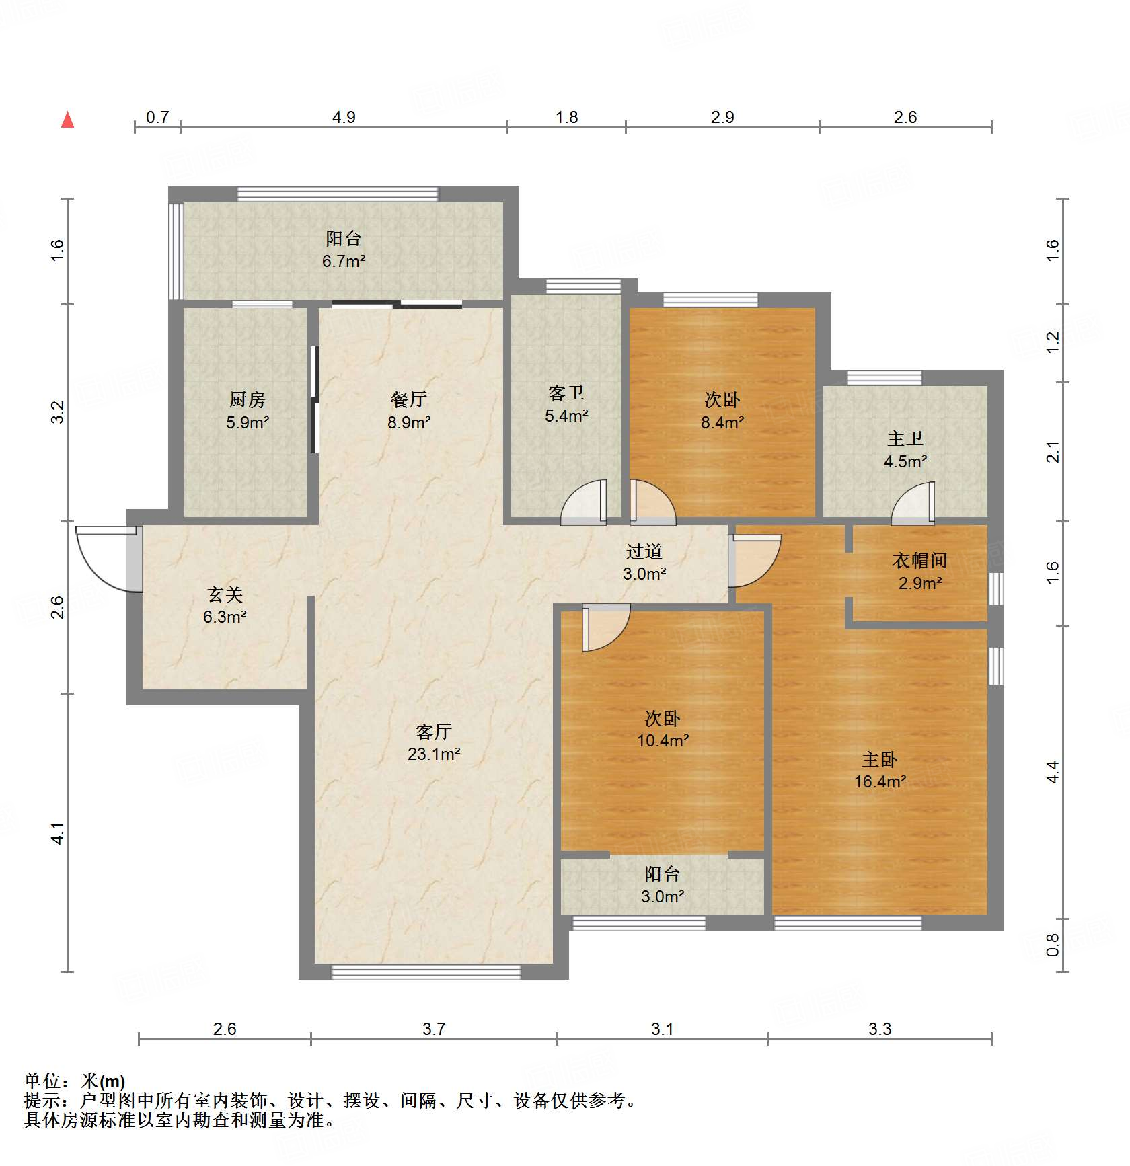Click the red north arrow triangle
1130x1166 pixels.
pos(67,120)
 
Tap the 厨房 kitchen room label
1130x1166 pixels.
pos(248,411)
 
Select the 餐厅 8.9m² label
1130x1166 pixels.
pos(409,411)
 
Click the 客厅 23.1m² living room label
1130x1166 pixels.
pos(434,742)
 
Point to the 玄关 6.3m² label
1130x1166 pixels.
pos(225,605)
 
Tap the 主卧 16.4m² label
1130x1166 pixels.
pos(880,770)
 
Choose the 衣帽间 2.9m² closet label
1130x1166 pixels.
pos(920,572)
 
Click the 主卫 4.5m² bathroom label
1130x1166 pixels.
pos(905,450)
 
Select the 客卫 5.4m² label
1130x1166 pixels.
pos(566,404)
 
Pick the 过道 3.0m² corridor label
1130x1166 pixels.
pos(644,562)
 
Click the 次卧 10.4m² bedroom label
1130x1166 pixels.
pos(663,729)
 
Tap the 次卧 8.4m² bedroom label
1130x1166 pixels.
pos(722,411)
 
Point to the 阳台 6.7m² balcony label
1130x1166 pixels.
pos(344,249)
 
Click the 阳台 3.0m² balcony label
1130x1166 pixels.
pos(663,885)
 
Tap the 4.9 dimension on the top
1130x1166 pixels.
pos(344,117)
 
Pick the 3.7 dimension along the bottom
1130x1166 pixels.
pos(434,1029)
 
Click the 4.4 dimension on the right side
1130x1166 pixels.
pos(1053,771)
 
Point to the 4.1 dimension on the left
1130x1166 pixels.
pos(59,833)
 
